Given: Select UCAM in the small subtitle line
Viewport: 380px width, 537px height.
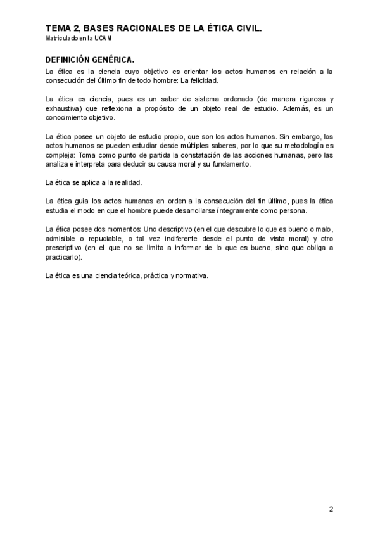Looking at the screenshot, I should tap(103, 39).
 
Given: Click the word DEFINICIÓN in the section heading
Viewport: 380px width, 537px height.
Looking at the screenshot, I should tap(70, 60).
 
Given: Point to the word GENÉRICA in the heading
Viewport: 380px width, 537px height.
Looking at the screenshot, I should tap(115, 60).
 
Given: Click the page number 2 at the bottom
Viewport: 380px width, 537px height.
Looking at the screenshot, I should tap(331, 509).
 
